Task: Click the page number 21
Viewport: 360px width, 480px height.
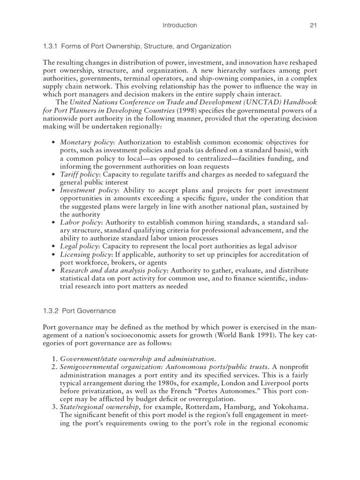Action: pos(314,25)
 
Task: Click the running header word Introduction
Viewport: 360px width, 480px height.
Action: pos(180,25)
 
